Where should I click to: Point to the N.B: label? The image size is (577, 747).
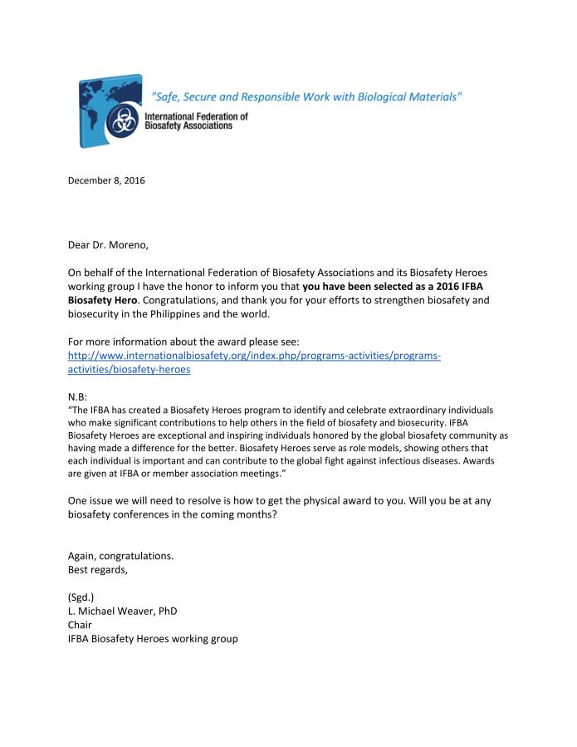80,397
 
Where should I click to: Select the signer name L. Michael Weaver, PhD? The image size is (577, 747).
122,611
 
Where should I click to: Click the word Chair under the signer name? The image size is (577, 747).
80,625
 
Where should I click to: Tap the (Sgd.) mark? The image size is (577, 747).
81,597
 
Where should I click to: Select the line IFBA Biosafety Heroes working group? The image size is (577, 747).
153,638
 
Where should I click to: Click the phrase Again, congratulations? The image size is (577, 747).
120,556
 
